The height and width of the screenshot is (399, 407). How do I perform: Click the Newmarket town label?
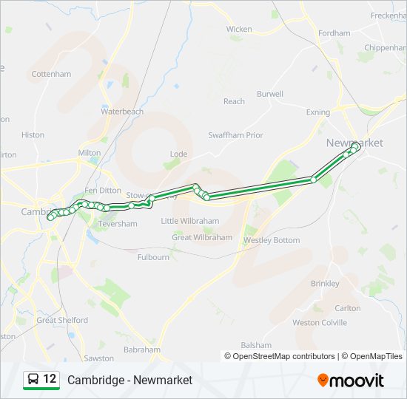coord(354,143)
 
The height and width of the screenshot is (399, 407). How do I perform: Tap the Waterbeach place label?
coord(122,112)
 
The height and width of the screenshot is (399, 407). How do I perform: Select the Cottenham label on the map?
coord(51,74)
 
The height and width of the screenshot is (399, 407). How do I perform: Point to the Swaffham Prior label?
coord(235,135)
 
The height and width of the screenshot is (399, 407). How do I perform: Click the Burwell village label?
coord(270,94)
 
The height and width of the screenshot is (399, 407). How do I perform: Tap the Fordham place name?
coord(334,33)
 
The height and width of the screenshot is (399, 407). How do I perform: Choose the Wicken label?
coord(239,30)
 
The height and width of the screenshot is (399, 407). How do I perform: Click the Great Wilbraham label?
coord(202,237)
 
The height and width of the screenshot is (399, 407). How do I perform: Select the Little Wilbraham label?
coord(190,221)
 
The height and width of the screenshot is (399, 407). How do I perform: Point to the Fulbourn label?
coord(153,257)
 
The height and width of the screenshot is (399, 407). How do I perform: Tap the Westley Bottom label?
coord(272,240)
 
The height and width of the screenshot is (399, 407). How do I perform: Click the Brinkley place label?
coord(325,284)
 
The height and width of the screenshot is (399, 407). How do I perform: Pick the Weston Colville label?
coord(320,323)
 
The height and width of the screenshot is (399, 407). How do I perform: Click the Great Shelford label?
coord(62,321)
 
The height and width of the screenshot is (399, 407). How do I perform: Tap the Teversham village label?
coord(118,224)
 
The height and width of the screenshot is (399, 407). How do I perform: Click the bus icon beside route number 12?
coord(33,379)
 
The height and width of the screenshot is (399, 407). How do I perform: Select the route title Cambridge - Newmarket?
coord(129,380)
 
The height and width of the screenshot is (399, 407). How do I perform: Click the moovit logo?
coord(351,380)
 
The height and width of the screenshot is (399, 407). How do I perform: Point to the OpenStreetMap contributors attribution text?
coord(283,356)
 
